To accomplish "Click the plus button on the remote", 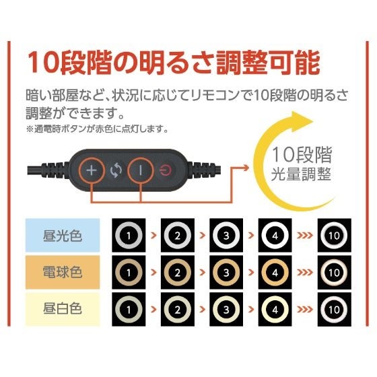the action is click(92, 170).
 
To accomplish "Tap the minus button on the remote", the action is click(141, 170).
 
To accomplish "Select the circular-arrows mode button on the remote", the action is click(116, 170).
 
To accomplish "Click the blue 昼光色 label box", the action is click(63, 236).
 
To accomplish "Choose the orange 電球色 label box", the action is click(63, 273).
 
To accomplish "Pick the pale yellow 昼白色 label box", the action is click(63, 309).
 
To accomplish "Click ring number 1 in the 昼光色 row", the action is click(129, 236).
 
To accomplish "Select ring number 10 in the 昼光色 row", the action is click(334, 236).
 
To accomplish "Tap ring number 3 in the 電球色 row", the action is click(226, 273).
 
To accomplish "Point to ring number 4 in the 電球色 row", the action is click(275, 273).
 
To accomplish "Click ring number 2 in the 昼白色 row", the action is click(178, 310).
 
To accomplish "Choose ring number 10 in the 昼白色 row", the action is click(334, 310).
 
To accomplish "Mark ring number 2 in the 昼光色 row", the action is click(178, 236).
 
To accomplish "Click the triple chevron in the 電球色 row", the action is click(304, 273).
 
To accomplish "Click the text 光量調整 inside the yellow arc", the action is click(301, 174).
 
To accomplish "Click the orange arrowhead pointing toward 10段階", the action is click(246, 168).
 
